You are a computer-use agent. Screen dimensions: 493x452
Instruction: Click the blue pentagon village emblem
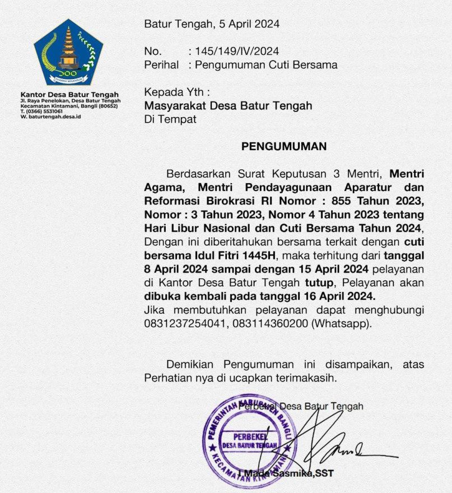[68, 53]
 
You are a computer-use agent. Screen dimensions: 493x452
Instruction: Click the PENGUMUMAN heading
[283, 147]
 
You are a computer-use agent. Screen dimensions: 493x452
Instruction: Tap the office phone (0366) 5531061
[45, 111]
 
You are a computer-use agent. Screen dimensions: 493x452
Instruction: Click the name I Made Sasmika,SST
[286, 473]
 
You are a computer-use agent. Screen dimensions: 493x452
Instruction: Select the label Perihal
[161, 64]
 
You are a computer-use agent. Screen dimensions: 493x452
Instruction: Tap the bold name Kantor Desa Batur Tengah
[69, 95]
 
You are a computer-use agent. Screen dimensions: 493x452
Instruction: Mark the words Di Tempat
[170, 119]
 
